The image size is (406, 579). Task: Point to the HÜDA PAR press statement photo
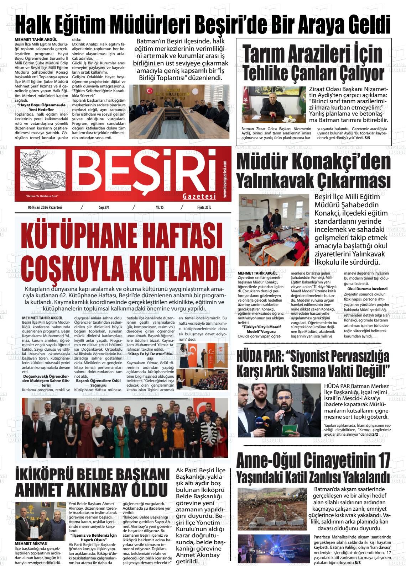click(280, 410)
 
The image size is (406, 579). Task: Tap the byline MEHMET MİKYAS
click(31, 543)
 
